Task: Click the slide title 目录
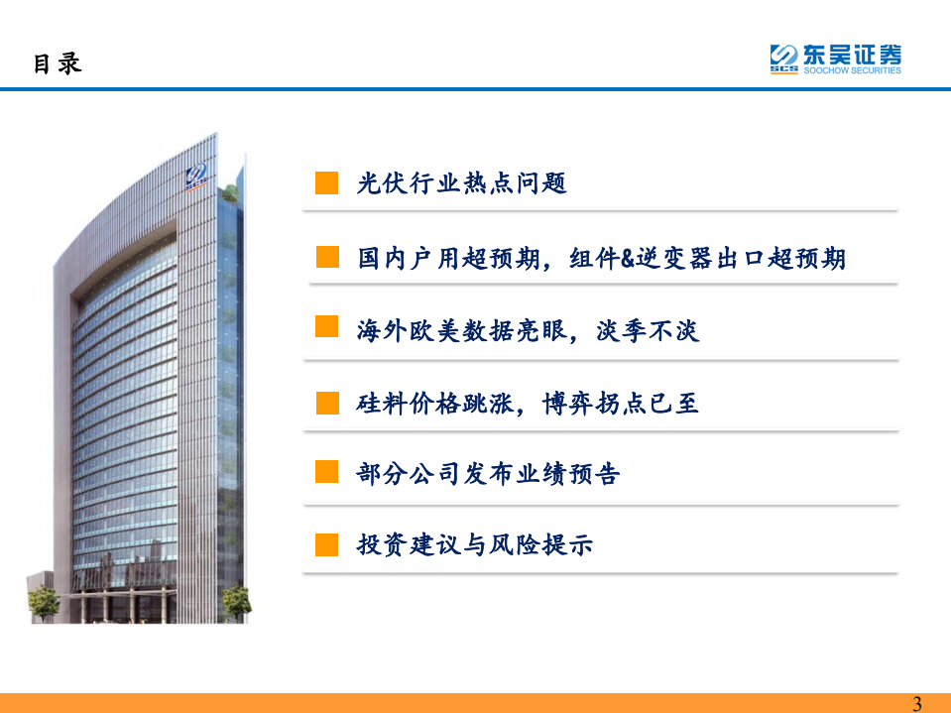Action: (57, 63)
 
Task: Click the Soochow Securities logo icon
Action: (784, 59)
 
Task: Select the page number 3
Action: (916, 703)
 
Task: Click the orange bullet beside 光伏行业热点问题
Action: (327, 183)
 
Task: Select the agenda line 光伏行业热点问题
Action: (461, 183)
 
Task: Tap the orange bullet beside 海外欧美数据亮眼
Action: (327, 327)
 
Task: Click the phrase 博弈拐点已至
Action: (621, 404)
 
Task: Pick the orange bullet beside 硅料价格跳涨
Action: (327, 402)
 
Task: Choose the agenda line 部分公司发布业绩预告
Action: (488, 475)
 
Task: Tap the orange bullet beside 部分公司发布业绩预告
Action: (327, 472)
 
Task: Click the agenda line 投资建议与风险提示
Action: (474, 544)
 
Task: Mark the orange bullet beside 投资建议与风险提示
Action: (327, 544)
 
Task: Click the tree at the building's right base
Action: (236, 598)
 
